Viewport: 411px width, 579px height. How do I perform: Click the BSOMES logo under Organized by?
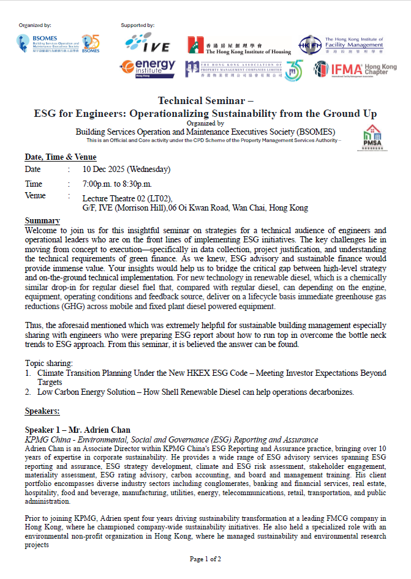click(58, 43)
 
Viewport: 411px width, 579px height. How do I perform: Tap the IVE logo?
click(147, 42)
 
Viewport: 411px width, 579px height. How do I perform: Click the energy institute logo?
click(147, 67)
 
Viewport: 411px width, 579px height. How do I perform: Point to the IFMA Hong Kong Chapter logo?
click(355, 69)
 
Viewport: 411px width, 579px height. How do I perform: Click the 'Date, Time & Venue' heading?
click(61, 157)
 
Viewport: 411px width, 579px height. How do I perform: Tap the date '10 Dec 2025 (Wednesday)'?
click(126, 170)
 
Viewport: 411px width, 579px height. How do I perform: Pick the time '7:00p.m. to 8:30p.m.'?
click(117, 184)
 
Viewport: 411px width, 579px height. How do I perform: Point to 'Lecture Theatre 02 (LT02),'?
click(127, 198)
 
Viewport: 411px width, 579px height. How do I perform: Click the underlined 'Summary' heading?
click(42, 220)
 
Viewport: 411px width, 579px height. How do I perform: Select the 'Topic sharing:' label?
click(48, 363)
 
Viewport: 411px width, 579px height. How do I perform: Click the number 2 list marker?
click(28, 392)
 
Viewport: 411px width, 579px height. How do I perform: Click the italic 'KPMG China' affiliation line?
click(171, 439)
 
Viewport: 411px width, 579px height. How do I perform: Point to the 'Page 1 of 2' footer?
click(205, 559)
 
